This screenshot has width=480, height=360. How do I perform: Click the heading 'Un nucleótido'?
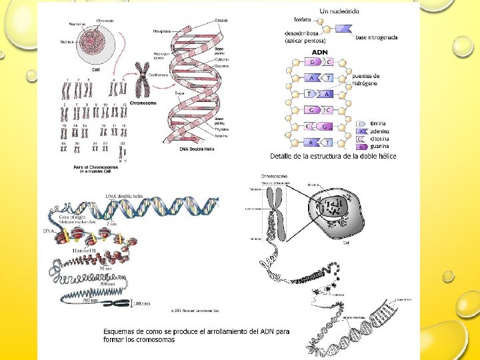tap(340, 11)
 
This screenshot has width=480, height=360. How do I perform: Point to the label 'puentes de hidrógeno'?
tap(366, 79)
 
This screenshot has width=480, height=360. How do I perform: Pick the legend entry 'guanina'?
tap(379, 145)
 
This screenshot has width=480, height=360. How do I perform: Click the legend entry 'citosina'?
tap(379, 139)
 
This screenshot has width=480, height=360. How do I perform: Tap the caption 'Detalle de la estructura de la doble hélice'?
tap(333, 156)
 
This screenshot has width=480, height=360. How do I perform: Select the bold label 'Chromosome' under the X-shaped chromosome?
tap(142, 103)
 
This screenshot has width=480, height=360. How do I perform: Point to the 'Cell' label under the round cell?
tap(96, 69)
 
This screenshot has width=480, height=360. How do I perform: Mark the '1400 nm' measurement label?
tap(141, 304)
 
